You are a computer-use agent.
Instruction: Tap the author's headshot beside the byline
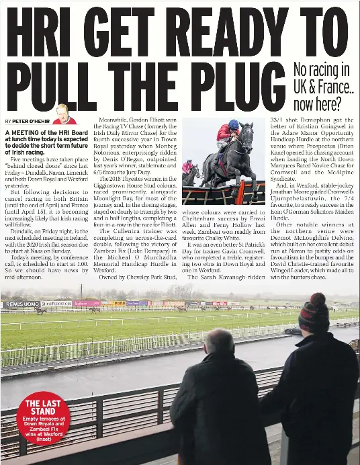pyautogui.click(x=63, y=114)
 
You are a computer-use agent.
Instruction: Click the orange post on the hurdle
pyautogui.click(x=240, y=193)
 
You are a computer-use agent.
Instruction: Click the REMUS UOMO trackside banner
pyautogui.click(x=21, y=304)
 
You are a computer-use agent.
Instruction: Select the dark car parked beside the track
pyautogui.click(x=293, y=331)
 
